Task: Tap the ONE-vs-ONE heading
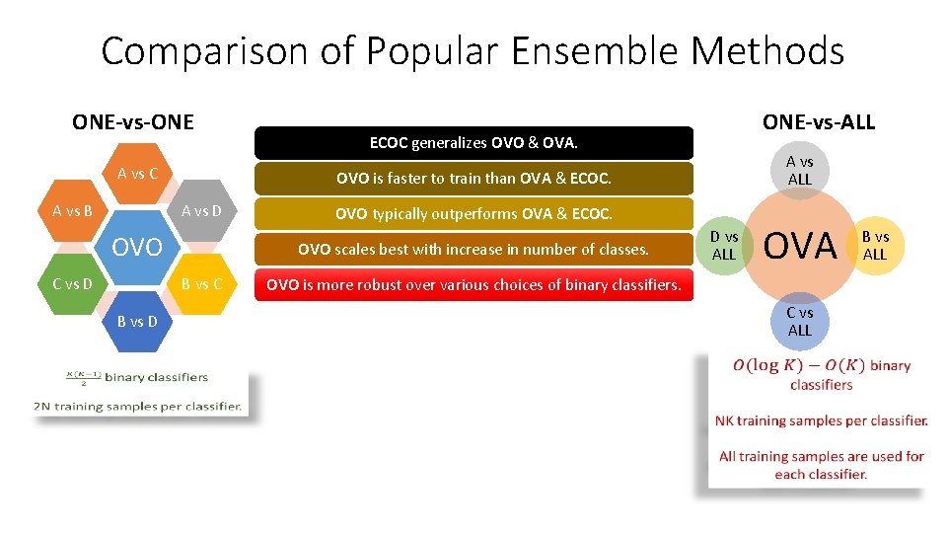click(133, 122)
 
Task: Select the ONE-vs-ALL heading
click(818, 122)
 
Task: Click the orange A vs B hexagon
click(73, 210)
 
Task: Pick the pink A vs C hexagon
click(138, 174)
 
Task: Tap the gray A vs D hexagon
click(202, 210)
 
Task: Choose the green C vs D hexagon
click(73, 284)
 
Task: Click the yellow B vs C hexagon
click(202, 284)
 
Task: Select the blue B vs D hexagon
click(138, 321)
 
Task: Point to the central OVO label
click(137, 247)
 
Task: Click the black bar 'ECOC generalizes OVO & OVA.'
click(473, 143)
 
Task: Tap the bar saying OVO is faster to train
click(473, 179)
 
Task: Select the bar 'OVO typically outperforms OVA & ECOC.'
click(473, 214)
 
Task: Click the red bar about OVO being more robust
click(473, 285)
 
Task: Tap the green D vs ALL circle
click(724, 246)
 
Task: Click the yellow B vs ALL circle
click(875, 246)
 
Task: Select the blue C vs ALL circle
click(799, 322)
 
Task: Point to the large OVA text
click(800, 246)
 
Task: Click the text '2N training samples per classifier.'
click(138, 406)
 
